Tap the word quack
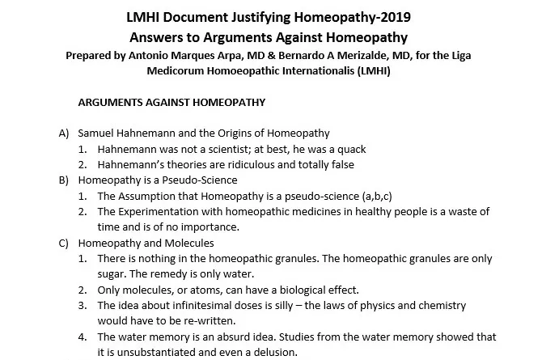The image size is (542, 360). click(349, 149)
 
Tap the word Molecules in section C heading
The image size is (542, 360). click(188, 242)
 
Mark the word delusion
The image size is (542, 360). click(272, 351)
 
